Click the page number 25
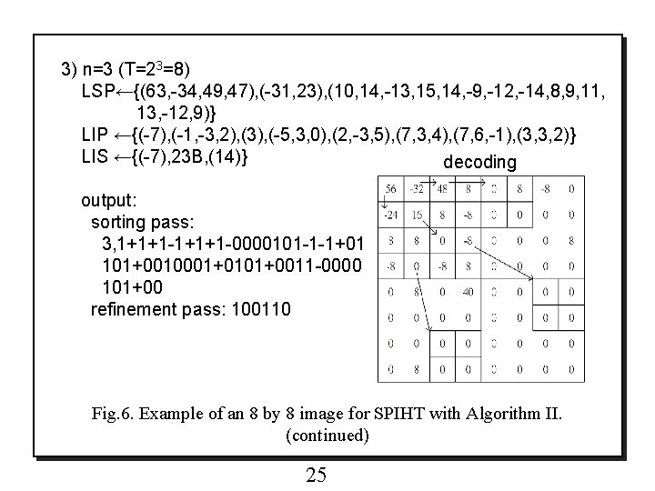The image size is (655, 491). coord(316,475)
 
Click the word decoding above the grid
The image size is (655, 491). coord(479,163)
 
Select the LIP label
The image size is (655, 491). coord(95,135)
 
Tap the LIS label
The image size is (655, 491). coord(95,156)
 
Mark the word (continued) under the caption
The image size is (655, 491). coord(327,436)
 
